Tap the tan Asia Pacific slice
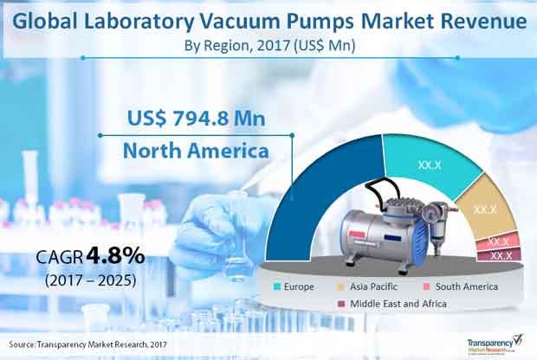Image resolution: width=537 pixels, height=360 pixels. pyautogui.click(x=485, y=209)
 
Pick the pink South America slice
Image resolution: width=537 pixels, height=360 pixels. pyautogui.click(x=499, y=241)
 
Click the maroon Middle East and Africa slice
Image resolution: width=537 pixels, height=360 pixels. pyautogui.click(x=500, y=255)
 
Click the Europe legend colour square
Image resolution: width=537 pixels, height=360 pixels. pyautogui.click(x=277, y=286)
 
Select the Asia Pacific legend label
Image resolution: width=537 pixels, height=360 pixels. pyautogui.click(x=373, y=286)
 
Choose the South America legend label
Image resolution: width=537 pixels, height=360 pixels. pyautogui.click(x=467, y=286)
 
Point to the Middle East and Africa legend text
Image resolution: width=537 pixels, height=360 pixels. pyautogui.click(x=398, y=304)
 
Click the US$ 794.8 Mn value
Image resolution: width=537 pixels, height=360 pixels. pyautogui.click(x=197, y=119)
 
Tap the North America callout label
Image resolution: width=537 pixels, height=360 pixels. pyautogui.click(x=196, y=151)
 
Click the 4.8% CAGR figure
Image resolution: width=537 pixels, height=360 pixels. pyautogui.click(x=115, y=256)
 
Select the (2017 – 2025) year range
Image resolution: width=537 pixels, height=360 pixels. pyautogui.click(x=90, y=280)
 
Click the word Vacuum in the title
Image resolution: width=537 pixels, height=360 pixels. pyautogui.click(x=240, y=22)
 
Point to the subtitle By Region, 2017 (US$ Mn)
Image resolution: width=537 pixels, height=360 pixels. pyautogui.click(x=269, y=46)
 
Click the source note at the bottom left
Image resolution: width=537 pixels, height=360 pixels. pyautogui.click(x=88, y=344)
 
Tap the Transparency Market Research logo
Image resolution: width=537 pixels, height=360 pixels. pyautogui.click(x=495, y=344)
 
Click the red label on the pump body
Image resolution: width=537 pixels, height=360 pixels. pyautogui.click(x=357, y=235)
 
